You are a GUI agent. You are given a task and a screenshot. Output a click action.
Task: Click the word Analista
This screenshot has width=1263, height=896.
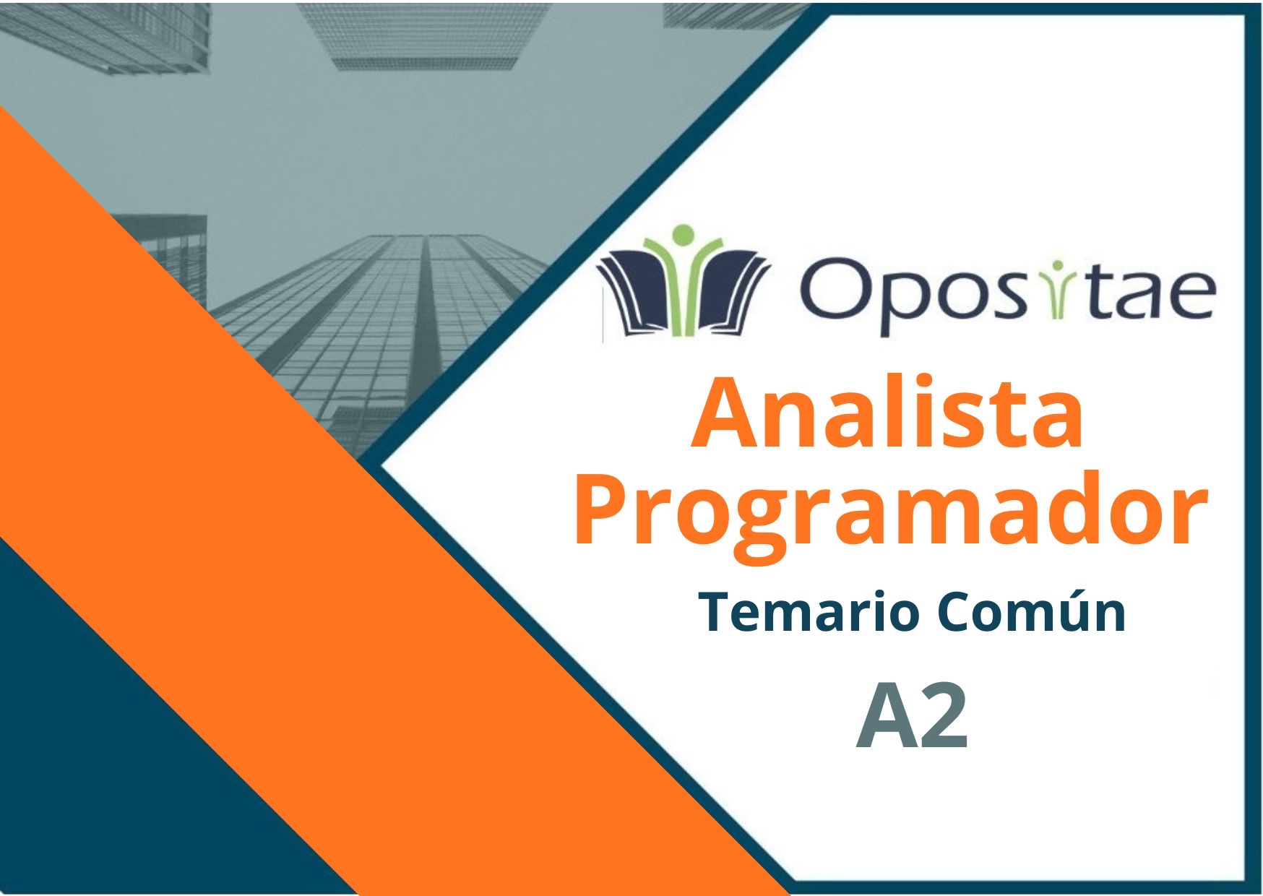[888, 413]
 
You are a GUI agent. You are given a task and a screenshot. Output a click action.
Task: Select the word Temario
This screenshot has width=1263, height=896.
[810, 613]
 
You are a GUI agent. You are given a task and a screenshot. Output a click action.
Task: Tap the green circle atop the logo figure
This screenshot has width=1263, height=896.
[683, 236]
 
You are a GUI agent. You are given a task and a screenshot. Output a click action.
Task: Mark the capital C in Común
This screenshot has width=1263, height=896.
[955, 612]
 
